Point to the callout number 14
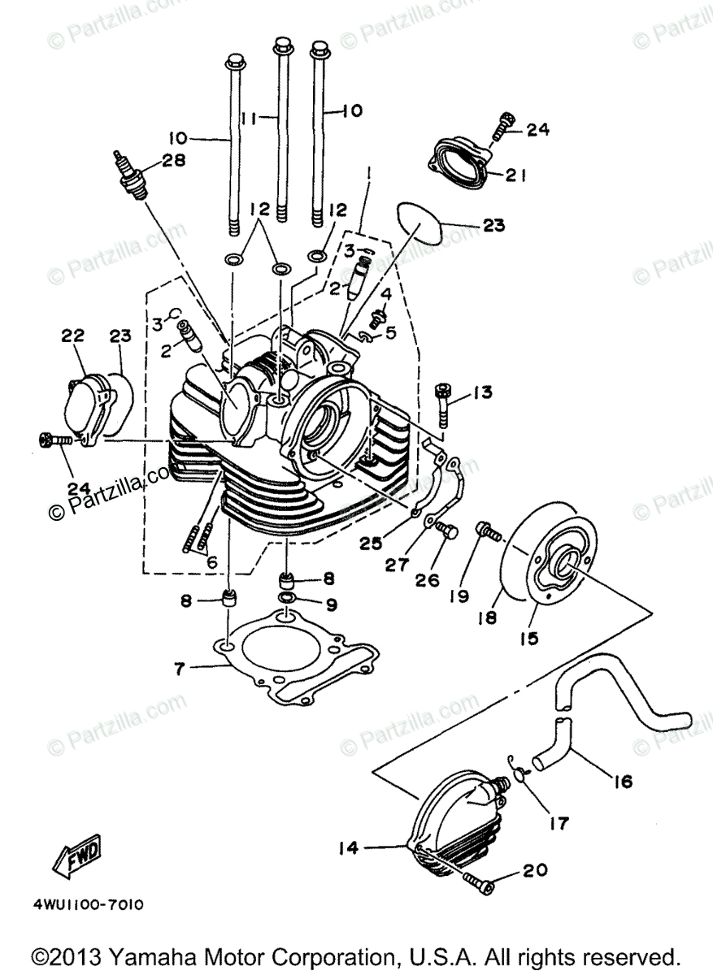pos(348,848)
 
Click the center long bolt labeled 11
pos(283,130)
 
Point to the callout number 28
pos(173,161)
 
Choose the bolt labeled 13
pos(443,403)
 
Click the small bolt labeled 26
pos(446,532)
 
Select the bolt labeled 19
pos(488,531)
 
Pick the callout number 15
pos(529,638)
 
